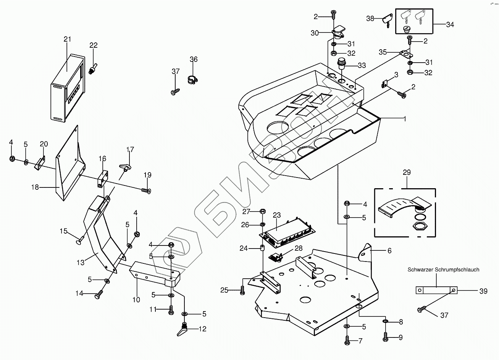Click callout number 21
tap(68, 39)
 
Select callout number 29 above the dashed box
tap(407, 173)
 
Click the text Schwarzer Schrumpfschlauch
tap(443, 270)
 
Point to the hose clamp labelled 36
tap(192, 80)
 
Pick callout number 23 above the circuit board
tap(276, 215)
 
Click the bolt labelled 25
tap(242, 291)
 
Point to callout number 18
tap(35, 187)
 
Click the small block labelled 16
tap(102, 178)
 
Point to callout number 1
tap(405, 119)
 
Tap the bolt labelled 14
tap(98, 294)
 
